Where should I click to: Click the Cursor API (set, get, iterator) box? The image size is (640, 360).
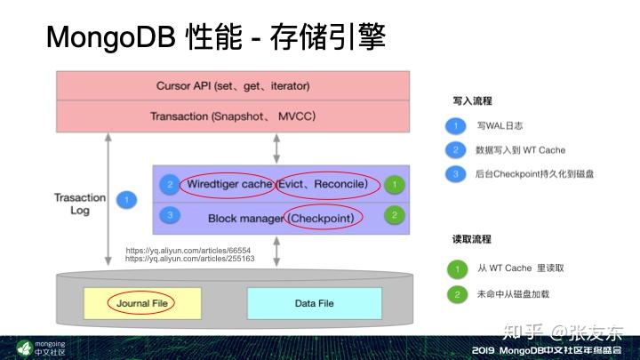pyautogui.click(x=233, y=86)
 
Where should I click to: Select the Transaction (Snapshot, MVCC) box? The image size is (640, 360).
pyautogui.click(x=233, y=116)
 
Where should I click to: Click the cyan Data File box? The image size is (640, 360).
pyautogui.click(x=314, y=303)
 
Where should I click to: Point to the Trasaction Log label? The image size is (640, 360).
pyautogui.click(x=80, y=204)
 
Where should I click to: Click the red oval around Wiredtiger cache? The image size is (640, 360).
pyautogui.click(x=227, y=184)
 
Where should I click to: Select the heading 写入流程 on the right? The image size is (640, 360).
pyautogui.click(x=472, y=101)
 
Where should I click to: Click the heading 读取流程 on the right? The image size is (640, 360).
pyautogui.click(x=472, y=240)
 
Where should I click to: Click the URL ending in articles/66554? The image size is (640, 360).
pyautogui.click(x=188, y=251)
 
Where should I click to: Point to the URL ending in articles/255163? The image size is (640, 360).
pyautogui.click(x=189, y=259)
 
